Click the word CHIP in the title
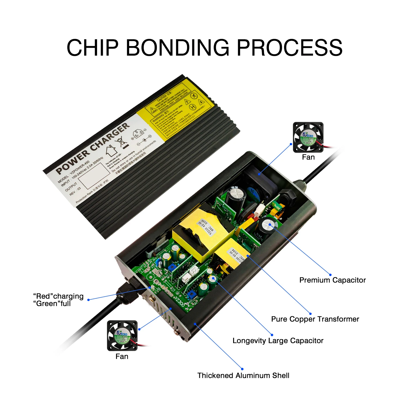pos(93,48)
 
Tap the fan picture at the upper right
pos(308,137)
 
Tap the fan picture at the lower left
pos(122,335)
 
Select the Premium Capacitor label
pos(332,280)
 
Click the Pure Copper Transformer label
pos(315,319)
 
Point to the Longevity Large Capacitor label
pos(278,341)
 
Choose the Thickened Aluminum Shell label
pos(243,375)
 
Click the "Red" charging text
pos(58,296)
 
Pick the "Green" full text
pos(52,303)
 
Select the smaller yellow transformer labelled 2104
pos(232,255)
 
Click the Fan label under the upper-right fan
pos(308,157)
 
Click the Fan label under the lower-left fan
pos(122,356)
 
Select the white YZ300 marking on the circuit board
pos(180,299)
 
